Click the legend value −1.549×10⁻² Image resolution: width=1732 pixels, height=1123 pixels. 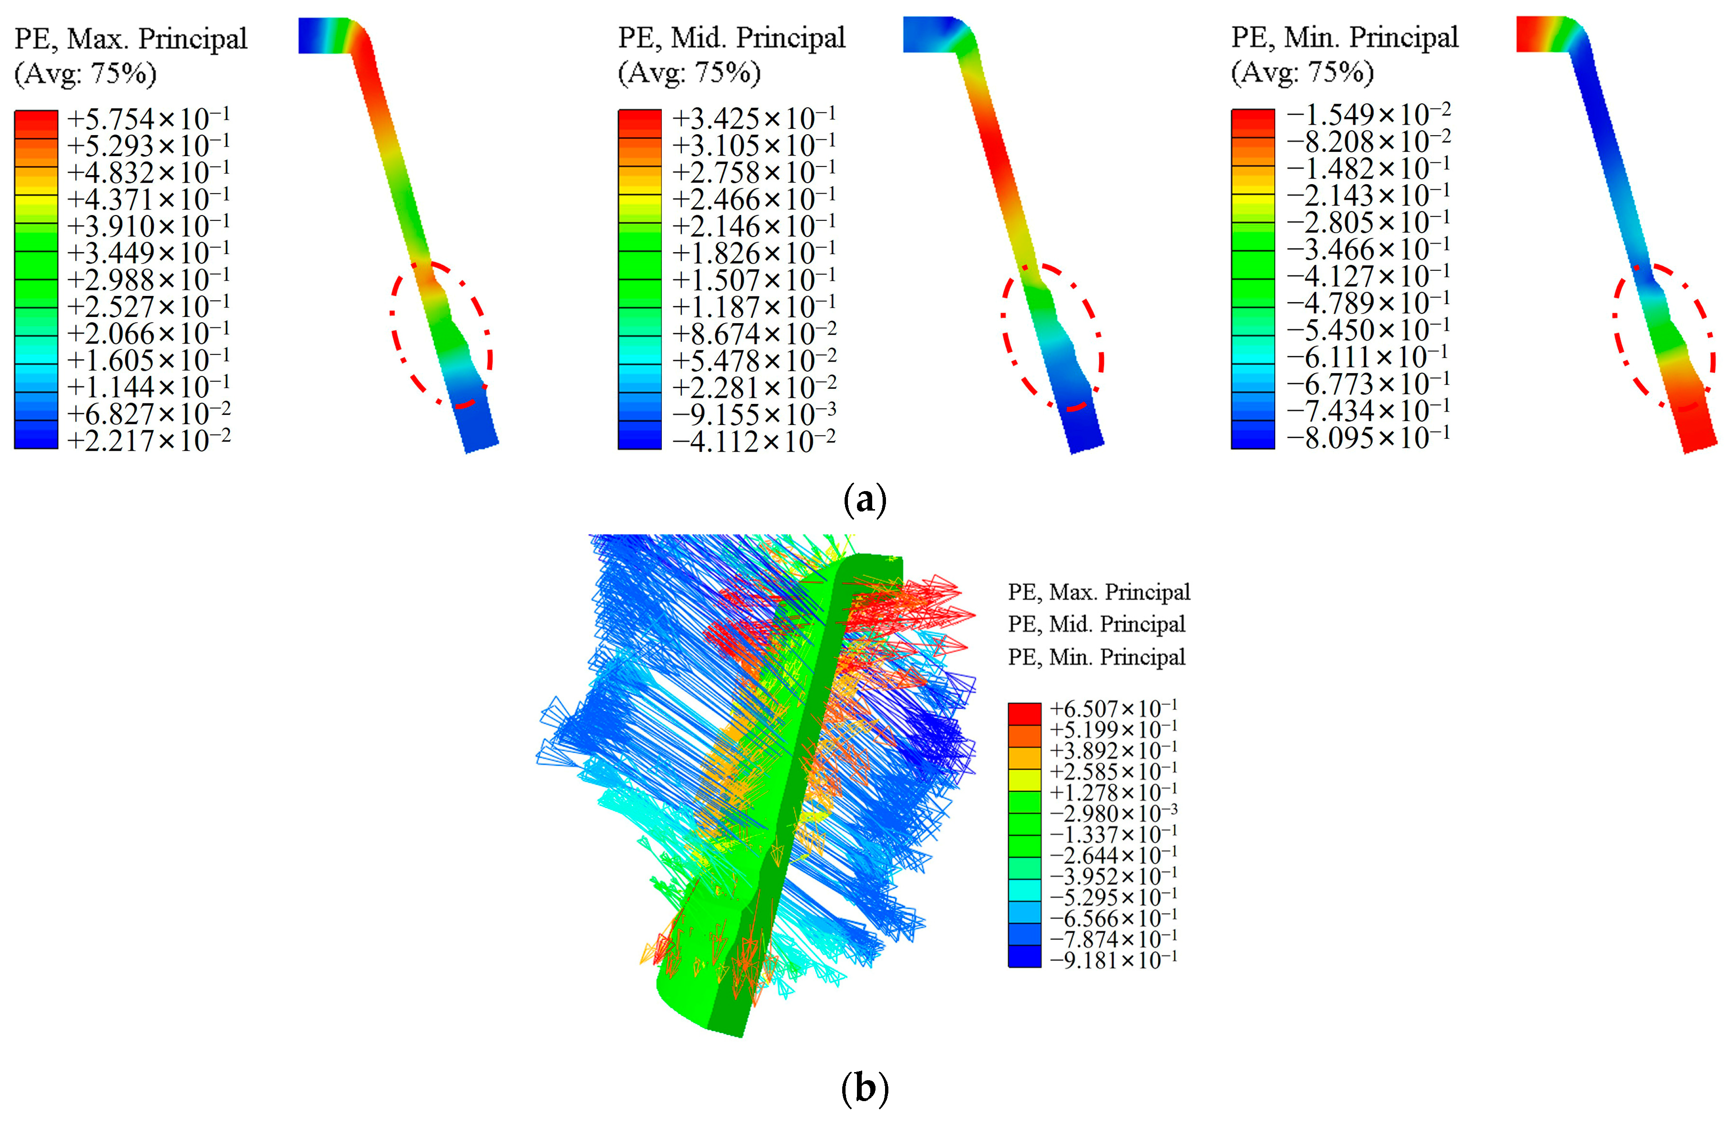pos(1368,114)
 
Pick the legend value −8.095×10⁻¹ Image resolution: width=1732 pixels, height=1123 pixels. pos(1368,437)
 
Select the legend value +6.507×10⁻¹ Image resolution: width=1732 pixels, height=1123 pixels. pos(1113,708)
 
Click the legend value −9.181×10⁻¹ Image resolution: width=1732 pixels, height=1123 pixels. pos(1113,960)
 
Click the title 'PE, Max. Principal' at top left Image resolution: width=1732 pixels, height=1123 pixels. pos(131,39)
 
